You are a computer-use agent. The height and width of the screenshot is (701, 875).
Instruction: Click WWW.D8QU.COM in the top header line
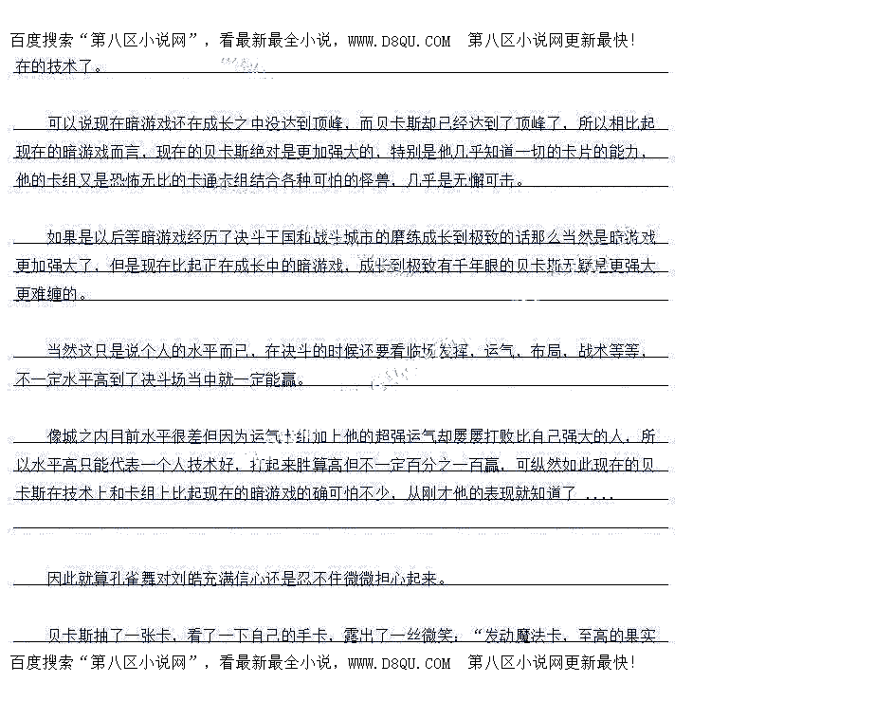(399, 41)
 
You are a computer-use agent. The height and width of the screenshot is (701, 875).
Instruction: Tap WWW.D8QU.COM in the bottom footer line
(399, 663)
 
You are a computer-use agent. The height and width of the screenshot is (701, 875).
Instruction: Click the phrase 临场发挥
(438, 351)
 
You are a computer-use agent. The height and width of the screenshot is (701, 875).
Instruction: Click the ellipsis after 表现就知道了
(600, 494)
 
